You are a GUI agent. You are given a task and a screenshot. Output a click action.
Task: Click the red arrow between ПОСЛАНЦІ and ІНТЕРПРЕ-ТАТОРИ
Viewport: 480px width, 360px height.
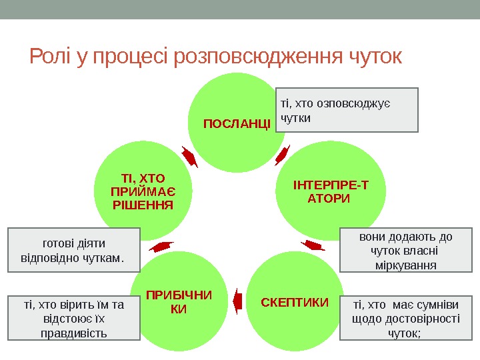pos(283,155)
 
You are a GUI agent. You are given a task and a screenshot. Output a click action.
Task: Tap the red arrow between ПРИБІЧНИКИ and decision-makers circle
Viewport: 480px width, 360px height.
pos(161,247)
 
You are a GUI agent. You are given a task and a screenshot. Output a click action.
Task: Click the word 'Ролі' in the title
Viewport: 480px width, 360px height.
pos(51,57)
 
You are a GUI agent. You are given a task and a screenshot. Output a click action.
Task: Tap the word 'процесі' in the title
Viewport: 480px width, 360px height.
pos(131,58)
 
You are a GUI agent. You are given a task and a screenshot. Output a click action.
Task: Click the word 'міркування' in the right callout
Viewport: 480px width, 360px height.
pos(406,265)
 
